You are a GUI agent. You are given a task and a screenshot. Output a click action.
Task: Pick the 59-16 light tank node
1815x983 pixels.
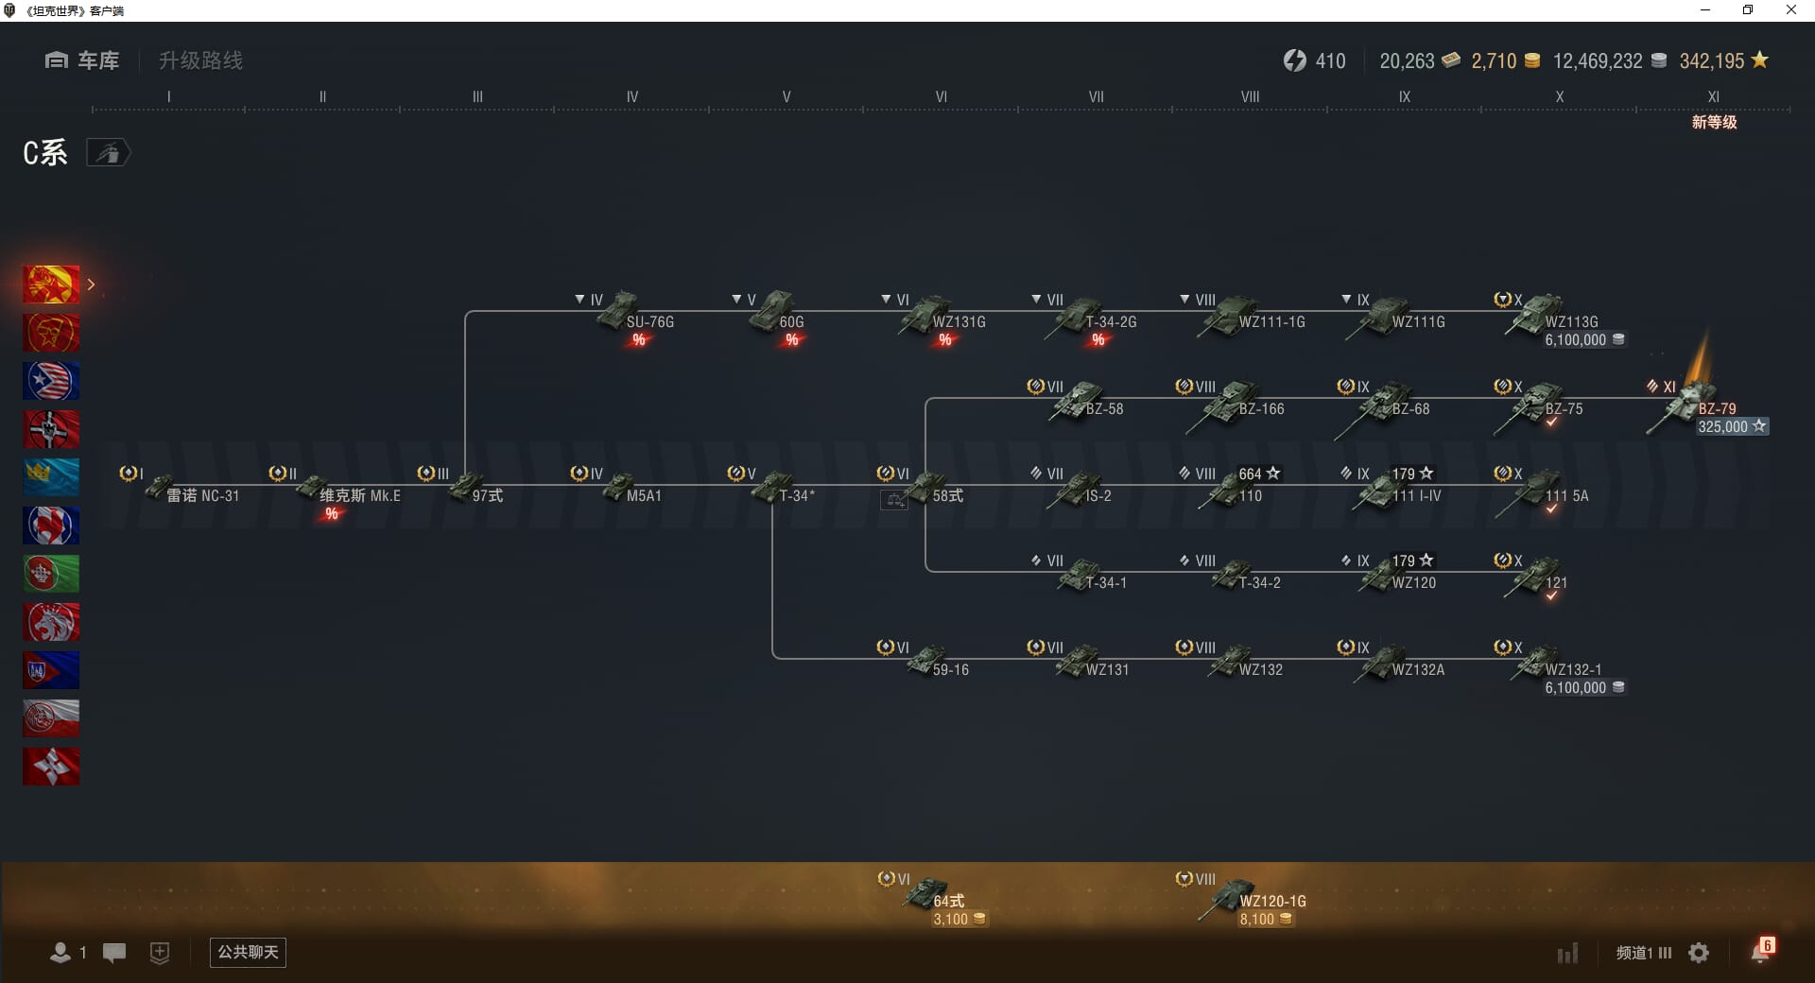pyautogui.click(x=930, y=662)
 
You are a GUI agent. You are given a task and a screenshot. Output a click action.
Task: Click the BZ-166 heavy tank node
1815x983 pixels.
pyautogui.click(x=1235, y=405)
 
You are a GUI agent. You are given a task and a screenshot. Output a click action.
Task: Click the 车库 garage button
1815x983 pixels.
pyautogui.click(x=83, y=60)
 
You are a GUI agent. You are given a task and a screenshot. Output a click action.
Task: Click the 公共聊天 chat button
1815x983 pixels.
pyautogui.click(x=248, y=952)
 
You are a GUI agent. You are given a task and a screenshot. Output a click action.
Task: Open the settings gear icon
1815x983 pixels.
pyautogui.click(x=1699, y=953)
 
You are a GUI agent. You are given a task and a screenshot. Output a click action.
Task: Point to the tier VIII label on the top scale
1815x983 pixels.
pyautogui.click(x=1250, y=96)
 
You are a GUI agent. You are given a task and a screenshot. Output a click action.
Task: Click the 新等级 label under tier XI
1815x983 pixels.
pyautogui.click(x=1714, y=122)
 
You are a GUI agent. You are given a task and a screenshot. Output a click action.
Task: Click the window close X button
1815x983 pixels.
pyautogui.click(x=1790, y=10)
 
